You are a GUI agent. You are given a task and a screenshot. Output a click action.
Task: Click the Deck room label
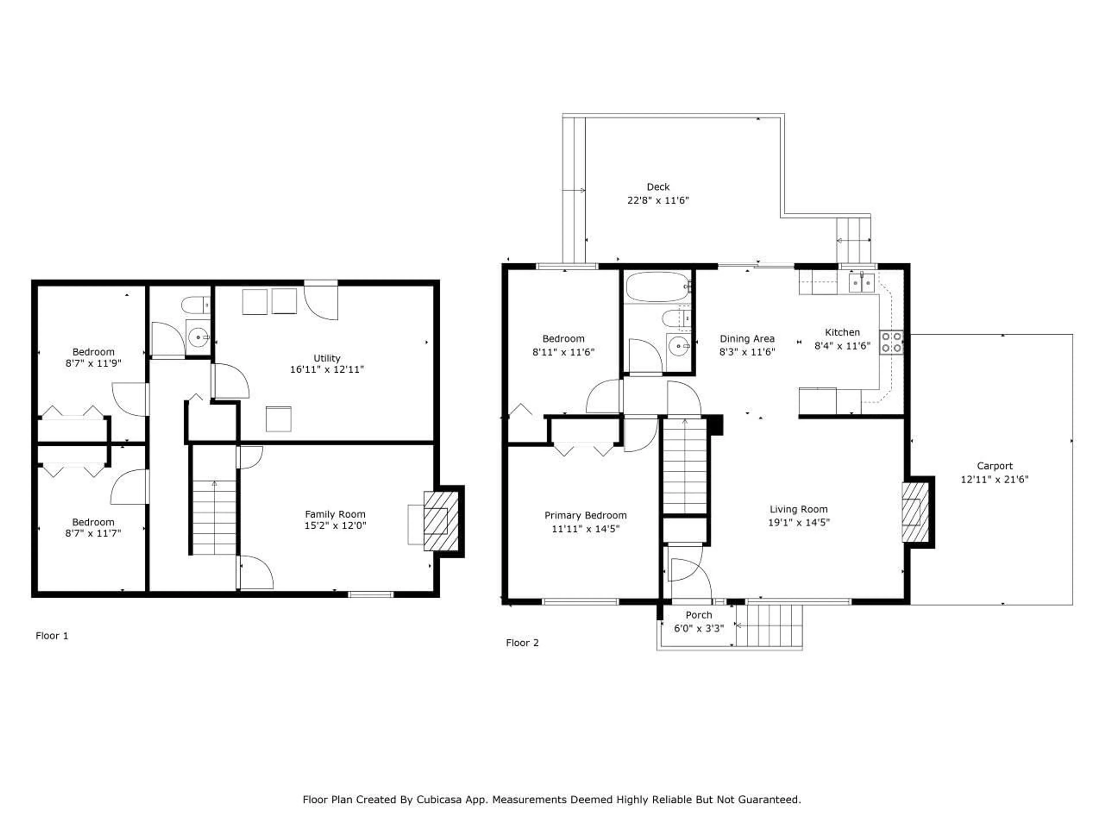(658, 187)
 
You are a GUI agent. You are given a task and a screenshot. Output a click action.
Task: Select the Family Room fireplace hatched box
(441, 521)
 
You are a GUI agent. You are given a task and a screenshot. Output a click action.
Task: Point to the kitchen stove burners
(891, 342)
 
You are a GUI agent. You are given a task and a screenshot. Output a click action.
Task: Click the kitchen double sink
(861, 283)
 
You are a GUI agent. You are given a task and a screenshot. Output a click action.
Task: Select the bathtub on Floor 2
(657, 287)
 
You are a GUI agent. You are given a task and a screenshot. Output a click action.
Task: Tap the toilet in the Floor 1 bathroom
(195, 304)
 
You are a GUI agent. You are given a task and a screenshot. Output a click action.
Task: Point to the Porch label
(698, 615)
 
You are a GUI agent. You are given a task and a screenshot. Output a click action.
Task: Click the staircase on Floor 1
(214, 517)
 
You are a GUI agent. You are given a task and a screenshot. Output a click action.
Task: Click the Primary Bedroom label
(585, 515)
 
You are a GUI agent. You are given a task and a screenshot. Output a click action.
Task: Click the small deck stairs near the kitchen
(854, 241)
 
